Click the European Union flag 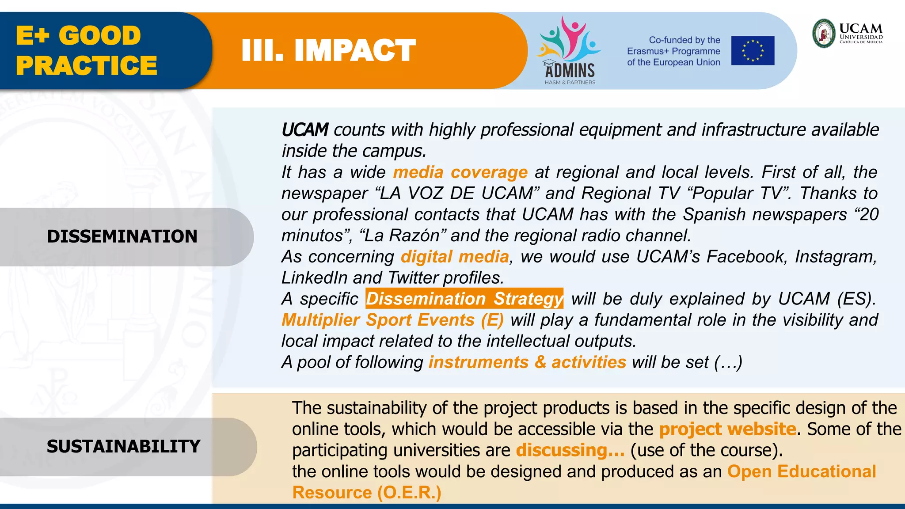[x=753, y=51]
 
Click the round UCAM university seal [x=824, y=33]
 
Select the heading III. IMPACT [x=328, y=50]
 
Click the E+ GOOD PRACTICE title [x=86, y=50]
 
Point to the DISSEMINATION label [x=122, y=236]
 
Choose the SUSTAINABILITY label [x=123, y=446]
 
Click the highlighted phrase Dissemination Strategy [x=464, y=299]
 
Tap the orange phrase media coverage [x=460, y=172]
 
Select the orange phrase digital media [x=455, y=257]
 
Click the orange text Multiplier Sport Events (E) [x=392, y=320]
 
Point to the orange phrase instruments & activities [x=527, y=362]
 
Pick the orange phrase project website [x=727, y=429]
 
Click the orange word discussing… [x=570, y=450]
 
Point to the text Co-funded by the [x=684, y=40]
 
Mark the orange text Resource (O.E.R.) [x=366, y=493]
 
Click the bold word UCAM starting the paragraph [x=305, y=130]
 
